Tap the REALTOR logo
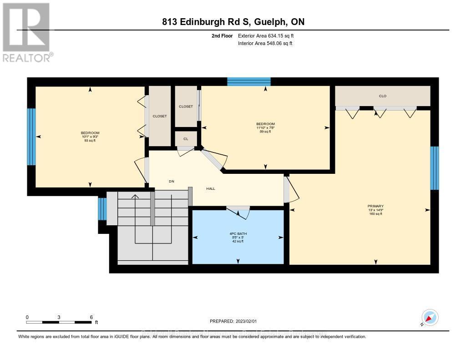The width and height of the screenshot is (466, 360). [27, 32]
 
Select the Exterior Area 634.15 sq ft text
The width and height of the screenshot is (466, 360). [269, 35]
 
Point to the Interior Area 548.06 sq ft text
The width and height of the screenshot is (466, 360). [265, 43]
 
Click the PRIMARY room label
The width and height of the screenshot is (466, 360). [375, 206]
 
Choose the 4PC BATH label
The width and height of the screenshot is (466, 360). [238, 234]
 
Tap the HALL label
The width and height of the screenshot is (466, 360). [210, 188]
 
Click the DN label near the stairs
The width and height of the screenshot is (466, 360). [172, 182]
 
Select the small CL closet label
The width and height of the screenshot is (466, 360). [186, 139]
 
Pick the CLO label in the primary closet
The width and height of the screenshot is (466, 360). [382, 96]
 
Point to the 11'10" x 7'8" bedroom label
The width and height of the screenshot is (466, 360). [265, 127]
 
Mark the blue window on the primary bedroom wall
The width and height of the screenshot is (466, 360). [435, 168]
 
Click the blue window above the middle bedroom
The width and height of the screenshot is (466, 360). [249, 81]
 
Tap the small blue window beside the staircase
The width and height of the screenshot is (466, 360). [102, 209]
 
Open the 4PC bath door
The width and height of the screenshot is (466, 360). [239, 212]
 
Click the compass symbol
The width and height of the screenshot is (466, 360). [430, 318]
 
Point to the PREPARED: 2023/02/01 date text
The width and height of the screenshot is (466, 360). [233, 321]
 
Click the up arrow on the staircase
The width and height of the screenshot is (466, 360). [134, 198]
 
